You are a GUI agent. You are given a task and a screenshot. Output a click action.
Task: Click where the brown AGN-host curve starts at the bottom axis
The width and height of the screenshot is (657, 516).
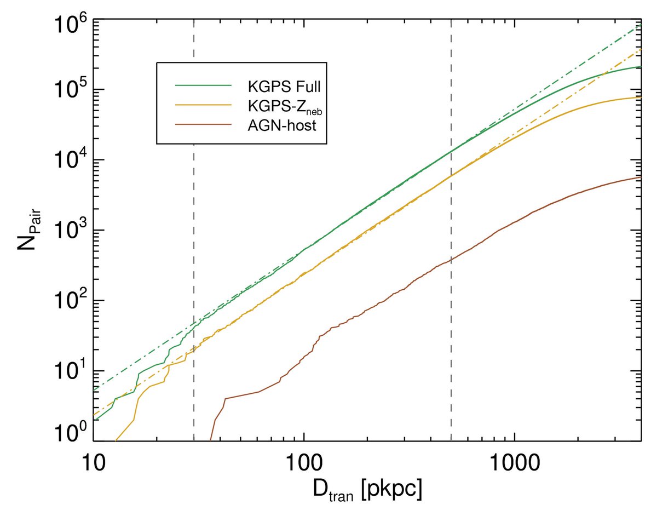[211, 440]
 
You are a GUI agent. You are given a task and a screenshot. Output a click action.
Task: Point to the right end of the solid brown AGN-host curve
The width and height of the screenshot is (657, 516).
[640, 177]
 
